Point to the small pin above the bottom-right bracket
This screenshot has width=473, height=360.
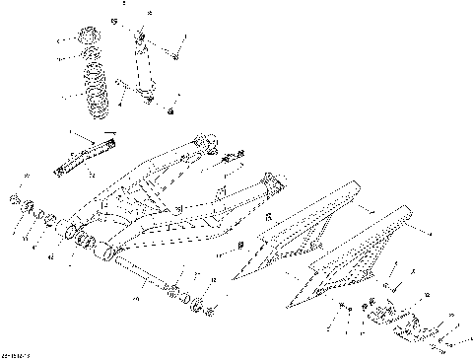click(x=388, y=286)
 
